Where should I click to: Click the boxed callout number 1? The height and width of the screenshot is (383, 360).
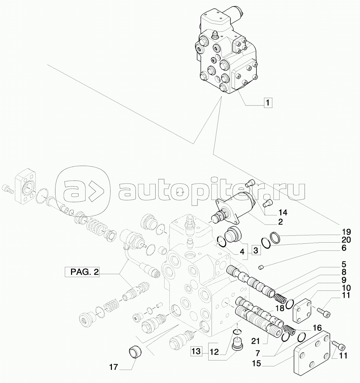tap(268, 103)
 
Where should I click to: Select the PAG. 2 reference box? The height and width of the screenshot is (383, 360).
tap(82, 272)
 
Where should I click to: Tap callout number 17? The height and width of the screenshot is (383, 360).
tap(114, 367)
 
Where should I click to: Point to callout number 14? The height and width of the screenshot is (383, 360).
tap(282, 212)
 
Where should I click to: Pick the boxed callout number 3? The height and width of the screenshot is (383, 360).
tap(256, 251)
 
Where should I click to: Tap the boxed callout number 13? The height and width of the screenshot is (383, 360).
tap(196, 351)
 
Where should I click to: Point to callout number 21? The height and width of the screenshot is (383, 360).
tap(255, 341)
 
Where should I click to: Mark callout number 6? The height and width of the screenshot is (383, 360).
tap(344, 248)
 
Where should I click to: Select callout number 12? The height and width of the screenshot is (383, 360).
tap(214, 352)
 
